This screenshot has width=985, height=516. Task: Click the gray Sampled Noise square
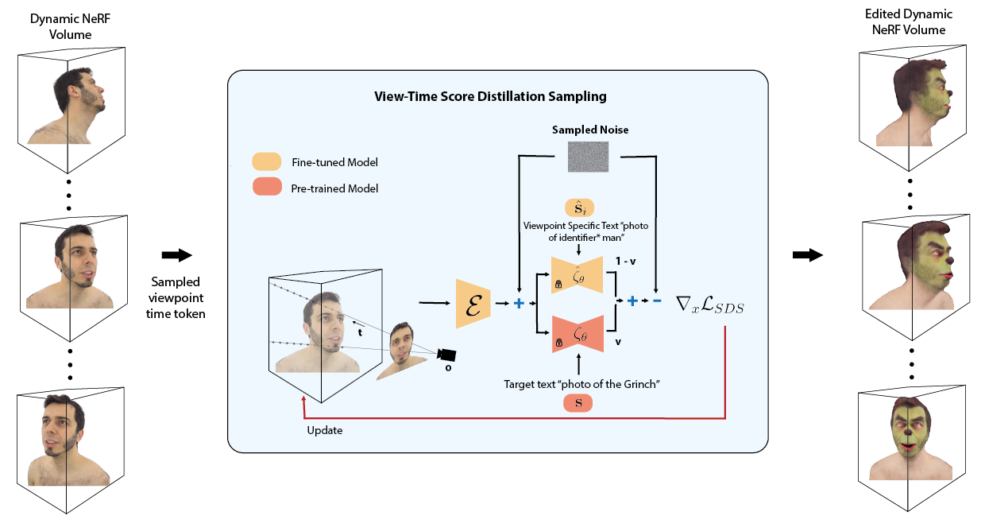589,157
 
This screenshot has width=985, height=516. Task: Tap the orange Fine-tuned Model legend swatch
266,161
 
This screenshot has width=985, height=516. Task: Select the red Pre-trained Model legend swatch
267,186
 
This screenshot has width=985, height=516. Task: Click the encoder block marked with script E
473,304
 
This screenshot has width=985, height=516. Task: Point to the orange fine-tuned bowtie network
577,275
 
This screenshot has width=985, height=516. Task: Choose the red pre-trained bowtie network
577,334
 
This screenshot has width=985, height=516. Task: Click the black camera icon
446,355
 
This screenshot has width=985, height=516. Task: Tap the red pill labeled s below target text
577,403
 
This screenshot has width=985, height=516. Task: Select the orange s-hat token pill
580,208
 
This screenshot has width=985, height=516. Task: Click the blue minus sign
656,301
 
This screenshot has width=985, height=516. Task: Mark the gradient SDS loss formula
709,305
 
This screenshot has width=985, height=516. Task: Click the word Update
325,431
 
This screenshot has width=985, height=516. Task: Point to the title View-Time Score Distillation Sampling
490,96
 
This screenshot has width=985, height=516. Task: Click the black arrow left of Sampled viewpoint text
177,255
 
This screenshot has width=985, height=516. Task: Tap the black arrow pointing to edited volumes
807,255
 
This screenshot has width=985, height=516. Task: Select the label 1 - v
625,261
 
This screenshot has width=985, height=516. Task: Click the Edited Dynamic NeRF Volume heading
909,22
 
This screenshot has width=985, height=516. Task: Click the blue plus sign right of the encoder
519,303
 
